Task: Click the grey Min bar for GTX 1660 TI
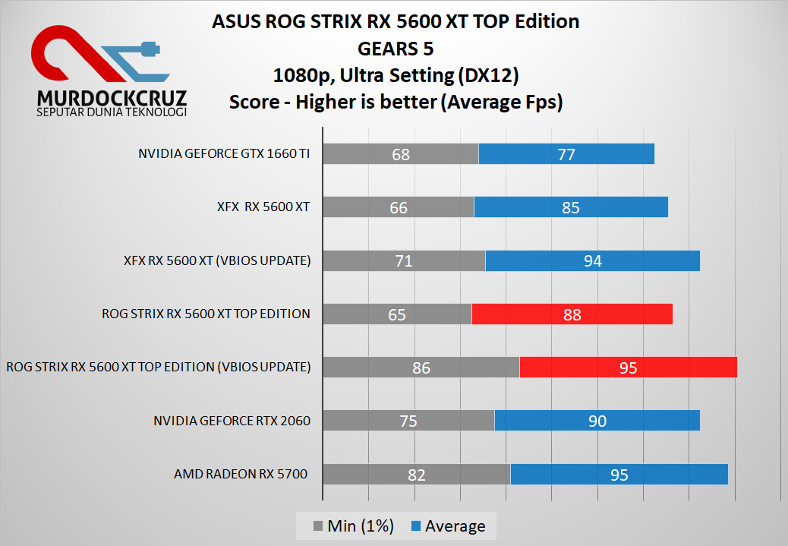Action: click(x=401, y=154)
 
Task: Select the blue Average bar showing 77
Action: click(x=566, y=154)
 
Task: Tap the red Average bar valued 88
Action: click(x=572, y=314)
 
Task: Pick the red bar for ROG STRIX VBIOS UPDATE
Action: click(x=628, y=368)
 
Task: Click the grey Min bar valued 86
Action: click(x=421, y=368)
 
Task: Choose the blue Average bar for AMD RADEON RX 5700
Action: click(x=619, y=475)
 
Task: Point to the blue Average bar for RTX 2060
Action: click(x=597, y=421)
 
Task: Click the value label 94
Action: click(x=593, y=261)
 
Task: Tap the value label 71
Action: click(x=404, y=261)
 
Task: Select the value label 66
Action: click(x=399, y=207)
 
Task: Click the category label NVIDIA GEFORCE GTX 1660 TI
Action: click(x=224, y=154)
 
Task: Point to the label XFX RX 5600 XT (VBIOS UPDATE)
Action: click(x=217, y=260)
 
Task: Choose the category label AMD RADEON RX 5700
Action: click(x=241, y=475)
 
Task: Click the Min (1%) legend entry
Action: click(x=353, y=525)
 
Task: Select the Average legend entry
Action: click(x=448, y=525)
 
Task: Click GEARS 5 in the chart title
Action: click(x=396, y=49)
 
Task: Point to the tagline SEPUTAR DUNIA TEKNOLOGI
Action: click(x=112, y=112)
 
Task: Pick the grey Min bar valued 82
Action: click(x=416, y=475)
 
